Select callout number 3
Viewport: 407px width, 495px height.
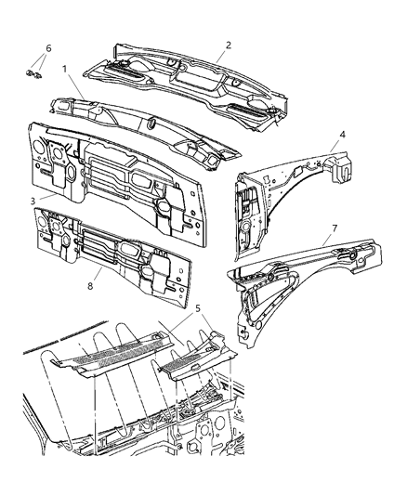click(33, 200)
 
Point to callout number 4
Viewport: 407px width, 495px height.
click(343, 135)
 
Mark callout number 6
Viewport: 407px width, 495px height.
click(48, 47)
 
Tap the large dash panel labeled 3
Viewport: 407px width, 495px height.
click(112, 176)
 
